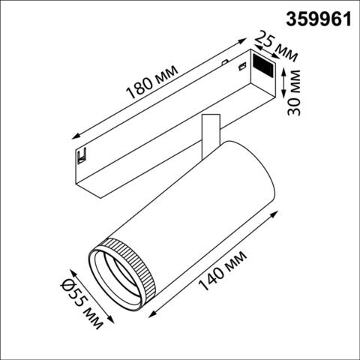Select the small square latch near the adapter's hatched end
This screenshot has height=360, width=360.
241,69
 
